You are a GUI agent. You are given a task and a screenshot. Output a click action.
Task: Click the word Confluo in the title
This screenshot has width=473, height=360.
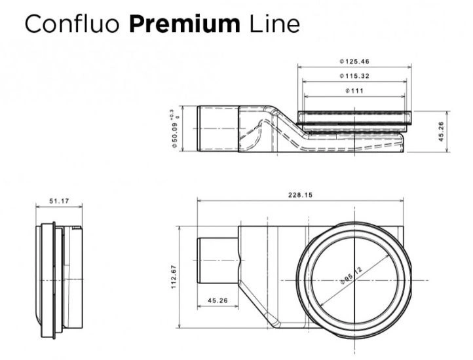point(72,24)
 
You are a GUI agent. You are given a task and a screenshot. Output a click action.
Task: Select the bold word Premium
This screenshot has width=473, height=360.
point(185,24)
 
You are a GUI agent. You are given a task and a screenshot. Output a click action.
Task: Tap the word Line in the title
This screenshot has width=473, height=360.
point(274,24)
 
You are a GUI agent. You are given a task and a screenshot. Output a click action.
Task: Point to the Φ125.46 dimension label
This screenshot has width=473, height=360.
point(354,62)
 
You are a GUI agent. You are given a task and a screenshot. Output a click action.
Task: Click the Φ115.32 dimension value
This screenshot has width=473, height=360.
point(354,76)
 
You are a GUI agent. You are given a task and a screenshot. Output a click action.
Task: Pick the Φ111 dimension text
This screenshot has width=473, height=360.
point(354,91)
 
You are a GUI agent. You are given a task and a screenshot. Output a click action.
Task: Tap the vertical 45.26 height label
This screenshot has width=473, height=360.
point(441,132)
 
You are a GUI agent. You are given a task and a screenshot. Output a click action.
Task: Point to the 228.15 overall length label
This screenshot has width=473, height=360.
point(301,195)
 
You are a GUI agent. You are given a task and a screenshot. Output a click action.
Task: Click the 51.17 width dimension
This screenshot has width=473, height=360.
point(59,201)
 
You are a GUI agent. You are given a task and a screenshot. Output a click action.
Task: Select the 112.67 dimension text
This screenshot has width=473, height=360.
point(174,277)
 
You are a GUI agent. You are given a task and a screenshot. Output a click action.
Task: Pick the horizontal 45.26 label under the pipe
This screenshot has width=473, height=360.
point(218,300)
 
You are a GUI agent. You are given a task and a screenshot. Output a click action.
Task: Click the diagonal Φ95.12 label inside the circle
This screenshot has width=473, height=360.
point(351,276)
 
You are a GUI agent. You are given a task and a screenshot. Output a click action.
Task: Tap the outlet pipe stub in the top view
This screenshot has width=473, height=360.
point(218,261)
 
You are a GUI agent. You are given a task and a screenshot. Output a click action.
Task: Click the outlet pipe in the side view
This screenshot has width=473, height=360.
point(218,129)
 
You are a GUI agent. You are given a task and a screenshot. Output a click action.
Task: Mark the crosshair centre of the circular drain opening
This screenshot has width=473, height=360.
point(355,280)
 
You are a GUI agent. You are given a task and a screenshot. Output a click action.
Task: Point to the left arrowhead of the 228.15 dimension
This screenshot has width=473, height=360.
point(199,201)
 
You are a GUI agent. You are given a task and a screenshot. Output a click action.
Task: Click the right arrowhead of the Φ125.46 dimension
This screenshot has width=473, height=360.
point(409,67)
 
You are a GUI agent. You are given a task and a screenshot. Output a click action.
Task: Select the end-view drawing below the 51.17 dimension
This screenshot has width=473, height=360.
point(59,280)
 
